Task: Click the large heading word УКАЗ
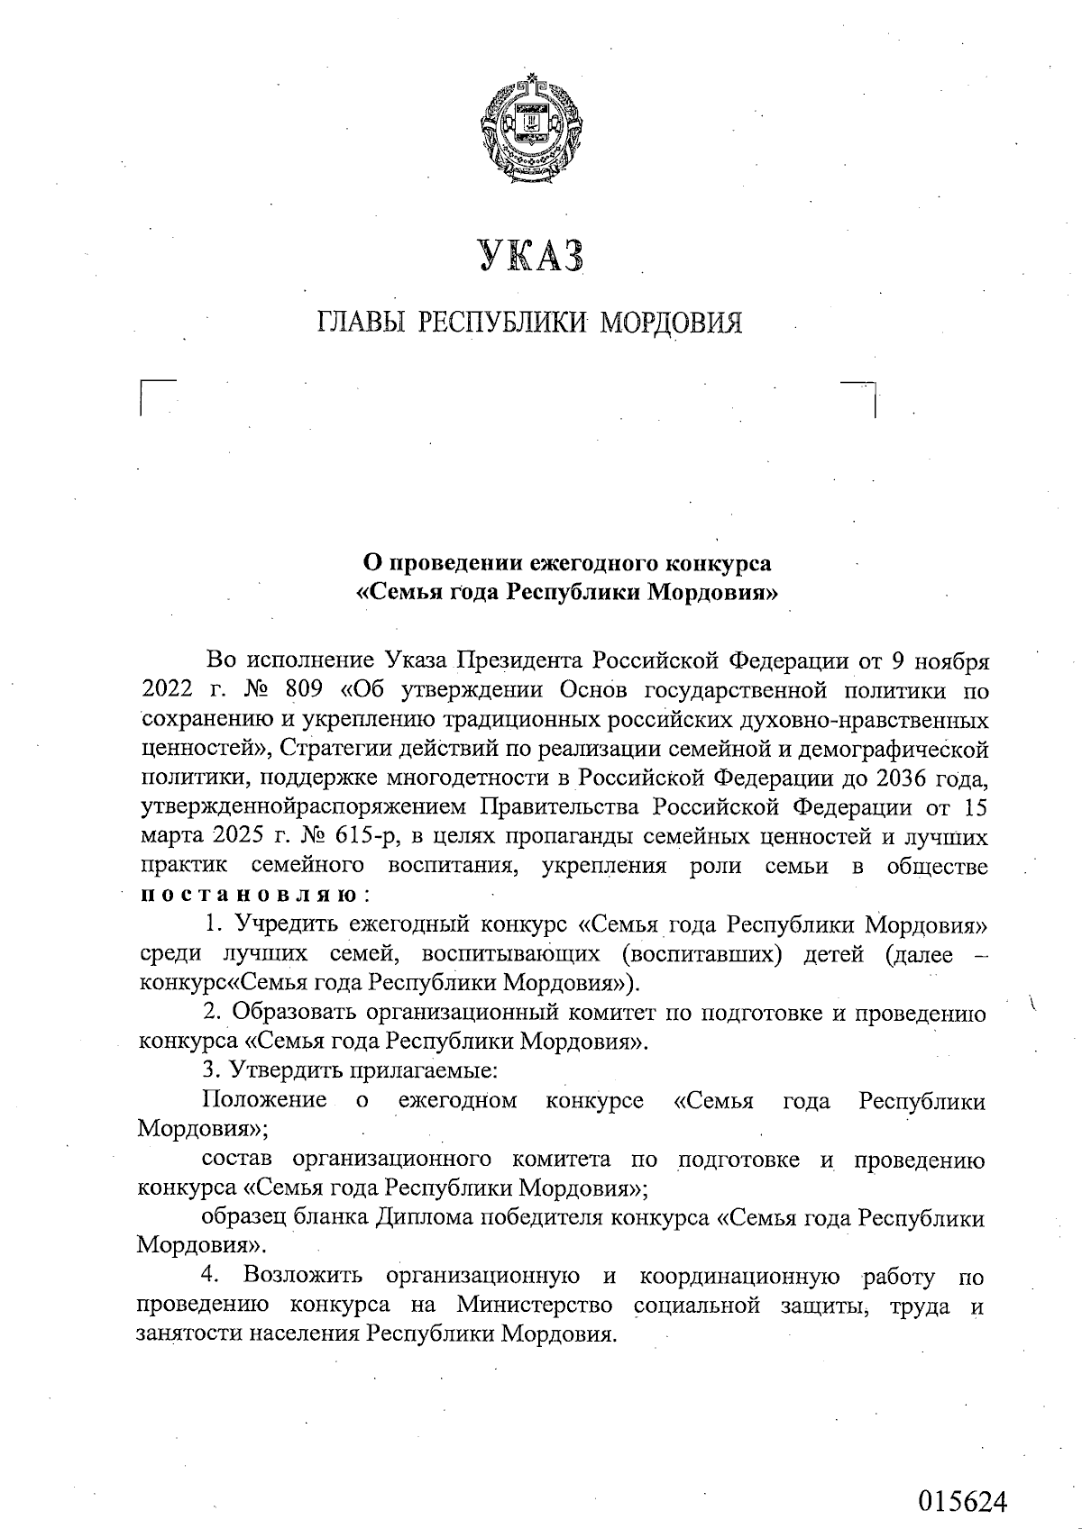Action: click(x=531, y=256)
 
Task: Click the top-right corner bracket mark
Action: click(x=862, y=396)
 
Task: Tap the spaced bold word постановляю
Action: click(x=249, y=896)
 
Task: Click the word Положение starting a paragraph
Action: click(x=263, y=1100)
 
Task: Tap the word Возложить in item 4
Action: click(x=303, y=1276)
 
